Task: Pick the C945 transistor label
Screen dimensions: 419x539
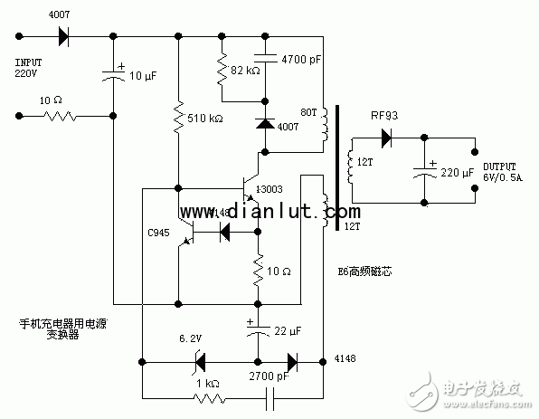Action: (x=157, y=232)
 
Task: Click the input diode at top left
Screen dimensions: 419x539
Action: (x=62, y=37)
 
